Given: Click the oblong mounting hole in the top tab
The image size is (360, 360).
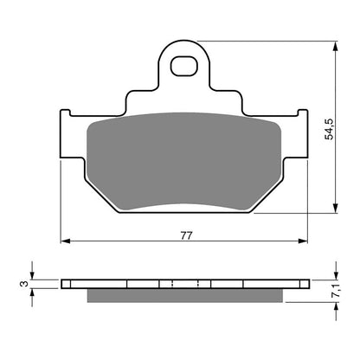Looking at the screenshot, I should [x=185, y=65].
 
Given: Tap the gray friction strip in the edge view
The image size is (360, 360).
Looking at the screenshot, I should [x=185, y=295].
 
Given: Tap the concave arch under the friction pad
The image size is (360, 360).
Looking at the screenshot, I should [x=185, y=206].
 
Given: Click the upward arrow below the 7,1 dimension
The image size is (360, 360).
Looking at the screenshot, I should [x=335, y=306].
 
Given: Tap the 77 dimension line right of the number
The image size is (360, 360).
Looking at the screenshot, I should [x=251, y=242].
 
